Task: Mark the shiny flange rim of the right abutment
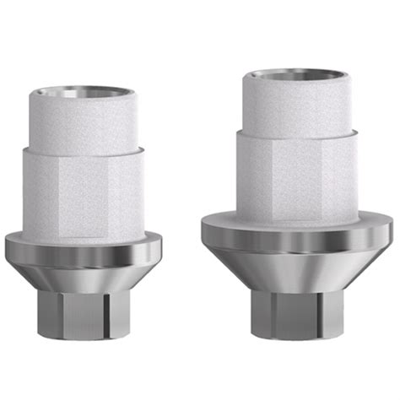[x=297, y=238]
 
